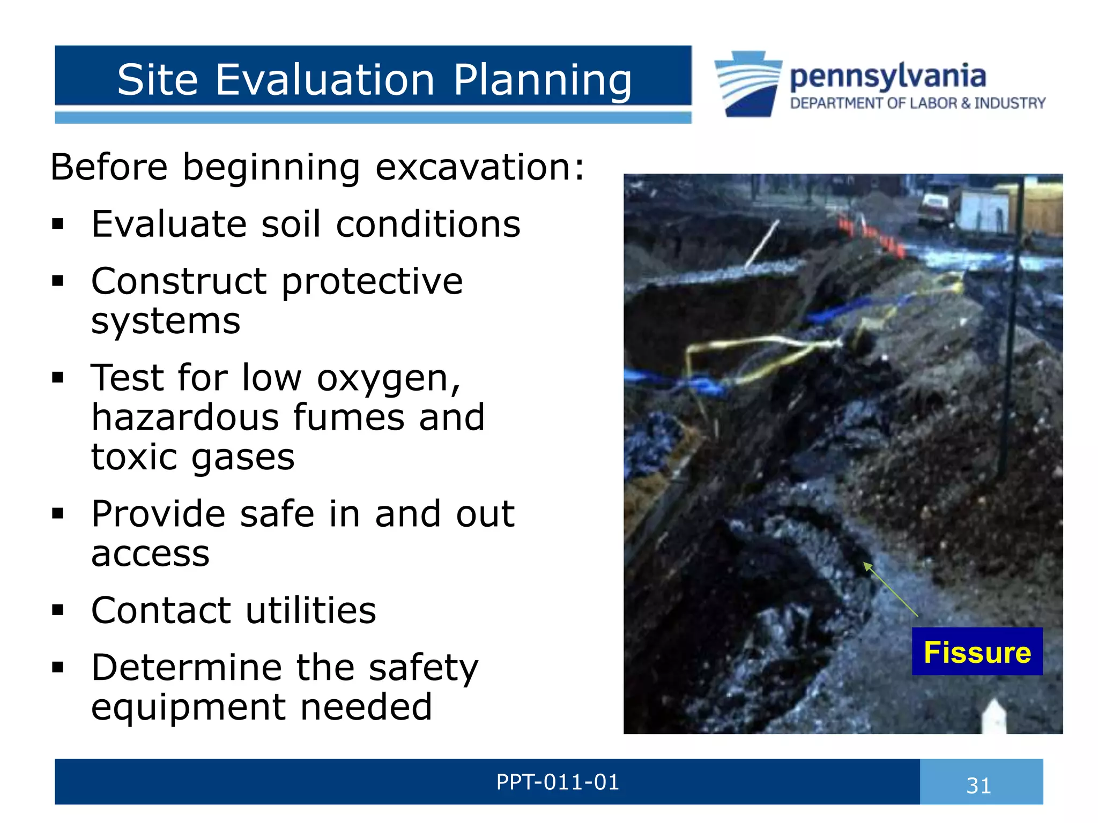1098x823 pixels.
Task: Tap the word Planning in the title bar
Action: tap(542, 81)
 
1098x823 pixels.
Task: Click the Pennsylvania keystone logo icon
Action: tap(748, 84)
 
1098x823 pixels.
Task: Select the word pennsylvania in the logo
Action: tap(887, 77)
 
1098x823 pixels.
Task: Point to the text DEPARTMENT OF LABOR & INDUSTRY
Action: tap(917, 103)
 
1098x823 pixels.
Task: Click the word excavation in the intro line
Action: tap(473, 167)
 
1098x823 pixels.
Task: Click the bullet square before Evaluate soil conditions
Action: tap(58, 224)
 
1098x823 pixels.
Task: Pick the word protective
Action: tap(372, 281)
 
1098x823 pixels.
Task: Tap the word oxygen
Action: tap(388, 379)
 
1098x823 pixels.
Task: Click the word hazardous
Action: tap(185, 417)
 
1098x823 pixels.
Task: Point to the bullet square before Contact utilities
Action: tap(58, 610)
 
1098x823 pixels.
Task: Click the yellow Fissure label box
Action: tap(977, 652)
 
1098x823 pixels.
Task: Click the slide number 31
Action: tap(978, 785)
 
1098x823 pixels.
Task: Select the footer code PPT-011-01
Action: tap(558, 782)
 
